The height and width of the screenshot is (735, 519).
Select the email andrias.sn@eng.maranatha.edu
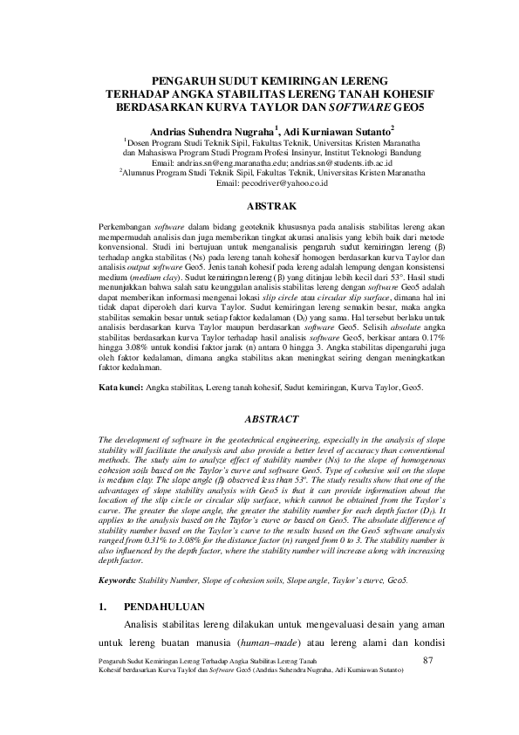pyautogui.click(x=233, y=162)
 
